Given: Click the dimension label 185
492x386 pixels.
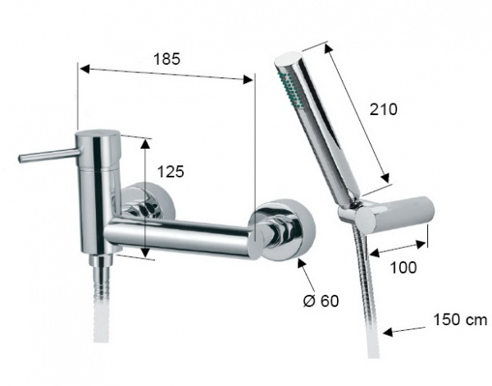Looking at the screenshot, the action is tap(167, 59).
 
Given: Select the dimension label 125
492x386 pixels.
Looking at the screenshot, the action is tap(171, 172).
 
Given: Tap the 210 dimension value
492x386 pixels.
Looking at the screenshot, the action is tap(383, 109).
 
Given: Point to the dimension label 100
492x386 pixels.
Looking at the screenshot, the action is tap(403, 268).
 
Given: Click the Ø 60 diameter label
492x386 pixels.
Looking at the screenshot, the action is tap(321, 301).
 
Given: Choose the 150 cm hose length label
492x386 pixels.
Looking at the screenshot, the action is tap(460, 320).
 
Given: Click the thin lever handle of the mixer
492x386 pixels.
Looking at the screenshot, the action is tap(49, 155).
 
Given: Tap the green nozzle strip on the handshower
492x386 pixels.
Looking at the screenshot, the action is tap(289, 89).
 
